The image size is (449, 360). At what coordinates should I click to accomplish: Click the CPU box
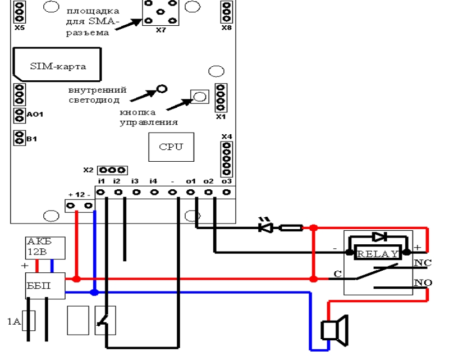(171, 147)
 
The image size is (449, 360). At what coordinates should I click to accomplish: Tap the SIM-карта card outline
(57, 48)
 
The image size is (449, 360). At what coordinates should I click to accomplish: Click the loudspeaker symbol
(335, 330)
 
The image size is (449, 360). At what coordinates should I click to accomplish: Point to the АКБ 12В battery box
(45, 248)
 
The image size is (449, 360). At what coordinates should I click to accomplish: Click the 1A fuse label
(13, 321)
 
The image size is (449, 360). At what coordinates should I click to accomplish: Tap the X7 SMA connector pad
(161, 12)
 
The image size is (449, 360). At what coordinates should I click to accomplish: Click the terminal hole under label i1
(101, 192)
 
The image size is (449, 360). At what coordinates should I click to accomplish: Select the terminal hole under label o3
(227, 192)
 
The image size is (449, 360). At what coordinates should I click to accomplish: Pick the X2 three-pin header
(112, 170)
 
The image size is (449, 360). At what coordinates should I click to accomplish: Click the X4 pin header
(227, 159)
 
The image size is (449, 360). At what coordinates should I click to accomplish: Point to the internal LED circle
(162, 89)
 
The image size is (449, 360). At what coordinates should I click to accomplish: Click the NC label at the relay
(423, 262)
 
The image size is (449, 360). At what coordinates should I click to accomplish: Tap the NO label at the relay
(423, 282)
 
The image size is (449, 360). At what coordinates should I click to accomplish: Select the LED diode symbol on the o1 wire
(265, 228)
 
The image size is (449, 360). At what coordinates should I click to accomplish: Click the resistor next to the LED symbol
(291, 228)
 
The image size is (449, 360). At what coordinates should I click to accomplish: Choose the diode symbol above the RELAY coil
(380, 237)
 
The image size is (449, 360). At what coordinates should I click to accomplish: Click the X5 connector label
(20, 28)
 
